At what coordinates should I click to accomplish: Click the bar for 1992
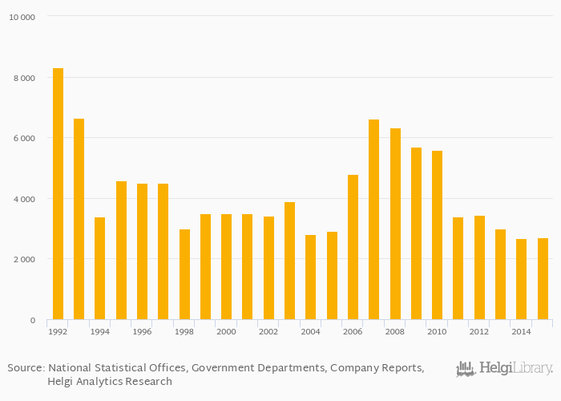pyautogui.click(x=58, y=194)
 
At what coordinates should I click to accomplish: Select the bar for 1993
pyautogui.click(x=79, y=219)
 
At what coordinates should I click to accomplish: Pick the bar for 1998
pyautogui.click(x=184, y=274)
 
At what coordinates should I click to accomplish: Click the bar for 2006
pyautogui.click(x=353, y=247)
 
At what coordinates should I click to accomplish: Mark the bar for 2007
pyautogui.click(x=373, y=220)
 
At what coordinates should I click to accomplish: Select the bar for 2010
pyautogui.click(x=437, y=235)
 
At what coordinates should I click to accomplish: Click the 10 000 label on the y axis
pyautogui.click(x=22, y=17)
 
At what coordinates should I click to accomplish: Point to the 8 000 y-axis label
pyautogui.click(x=24, y=78)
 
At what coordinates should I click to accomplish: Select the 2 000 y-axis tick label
pyautogui.click(x=24, y=259)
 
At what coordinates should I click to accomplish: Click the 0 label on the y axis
pyautogui.click(x=32, y=321)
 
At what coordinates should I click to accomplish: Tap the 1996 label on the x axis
pyautogui.click(x=142, y=331)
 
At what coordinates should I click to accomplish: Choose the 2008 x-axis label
pyautogui.click(x=394, y=331)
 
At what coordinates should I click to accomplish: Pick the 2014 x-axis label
pyautogui.click(x=521, y=331)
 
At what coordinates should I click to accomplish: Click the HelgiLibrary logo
pyautogui.click(x=504, y=369)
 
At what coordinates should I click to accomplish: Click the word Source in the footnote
pyautogui.click(x=26, y=368)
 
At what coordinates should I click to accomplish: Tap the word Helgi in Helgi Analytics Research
pyautogui.click(x=63, y=382)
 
